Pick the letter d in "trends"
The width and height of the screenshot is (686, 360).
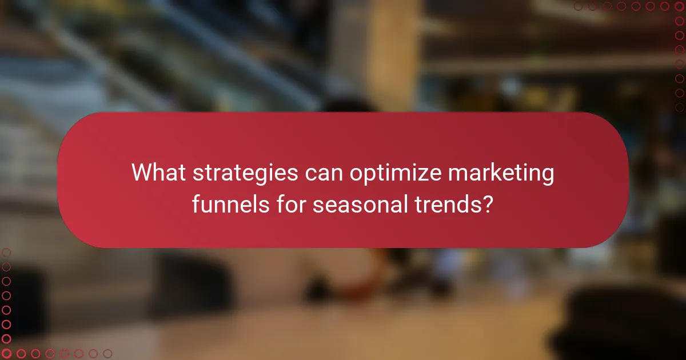(462, 203)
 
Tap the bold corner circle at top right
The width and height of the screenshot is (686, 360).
(679, 7)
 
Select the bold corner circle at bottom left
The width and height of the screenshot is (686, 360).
(7, 354)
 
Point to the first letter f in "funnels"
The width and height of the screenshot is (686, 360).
(196, 203)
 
